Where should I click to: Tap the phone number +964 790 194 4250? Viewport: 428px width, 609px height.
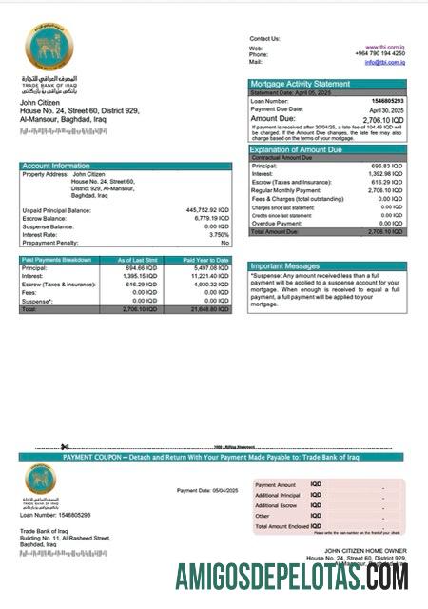pos(379,54)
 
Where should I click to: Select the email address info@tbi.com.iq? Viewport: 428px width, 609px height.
pos(384,62)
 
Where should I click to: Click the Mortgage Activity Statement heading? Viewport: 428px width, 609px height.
pos(300,84)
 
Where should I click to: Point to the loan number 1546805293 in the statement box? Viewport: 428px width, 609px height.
pos(385,100)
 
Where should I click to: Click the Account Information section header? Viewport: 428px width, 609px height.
pos(56,166)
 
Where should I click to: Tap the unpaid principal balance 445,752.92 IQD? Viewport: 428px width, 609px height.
pos(208,210)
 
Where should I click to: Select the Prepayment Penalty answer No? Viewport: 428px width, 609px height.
pos(225,243)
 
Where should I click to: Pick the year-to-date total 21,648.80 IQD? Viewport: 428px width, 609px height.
pos(207,309)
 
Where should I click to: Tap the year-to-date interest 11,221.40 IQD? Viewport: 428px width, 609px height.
pos(208,276)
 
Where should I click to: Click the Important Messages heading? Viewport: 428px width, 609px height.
pos(285,266)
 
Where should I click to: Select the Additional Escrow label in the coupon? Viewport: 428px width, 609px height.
pos(277,505)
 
